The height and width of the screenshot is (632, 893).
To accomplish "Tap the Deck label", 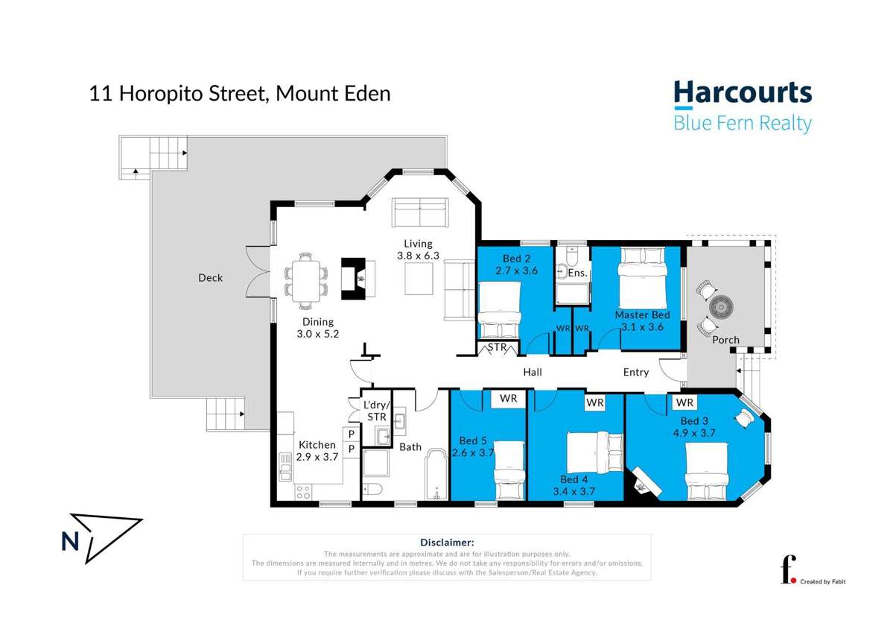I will pos(210,278).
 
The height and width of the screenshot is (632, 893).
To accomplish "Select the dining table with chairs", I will pos(305,279).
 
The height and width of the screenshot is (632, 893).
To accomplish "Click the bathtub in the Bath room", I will pos(433,478).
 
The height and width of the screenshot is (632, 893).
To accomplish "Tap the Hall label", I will pos(532,372).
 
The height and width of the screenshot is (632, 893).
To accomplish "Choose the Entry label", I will pos(635,372).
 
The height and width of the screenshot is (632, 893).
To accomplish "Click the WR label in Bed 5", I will pos(508,399).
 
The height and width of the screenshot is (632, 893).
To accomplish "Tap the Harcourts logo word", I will pos(742,93).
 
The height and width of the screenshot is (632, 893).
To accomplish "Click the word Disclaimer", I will pos(447,543).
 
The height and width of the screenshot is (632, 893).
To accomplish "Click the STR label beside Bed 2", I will pos(497,347).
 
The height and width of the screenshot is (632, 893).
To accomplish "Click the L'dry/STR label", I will pos(376,411).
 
